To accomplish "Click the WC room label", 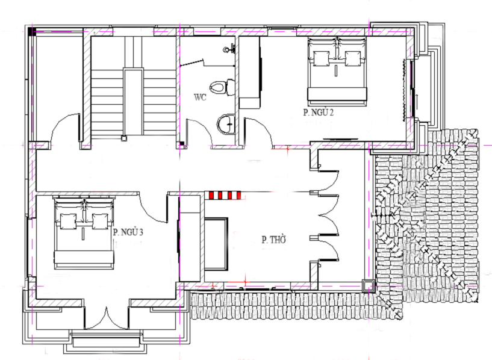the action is click(200, 97).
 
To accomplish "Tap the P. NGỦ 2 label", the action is click(318, 112).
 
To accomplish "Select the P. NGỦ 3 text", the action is click(128, 232).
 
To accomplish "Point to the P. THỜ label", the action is click(274, 240).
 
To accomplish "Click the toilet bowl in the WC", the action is click(222, 87).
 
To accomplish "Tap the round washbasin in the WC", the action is click(226, 125).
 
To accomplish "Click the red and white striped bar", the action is click(225, 196).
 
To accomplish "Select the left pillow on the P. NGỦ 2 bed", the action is click(322, 58).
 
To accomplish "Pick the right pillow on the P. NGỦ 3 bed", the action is click(100, 222).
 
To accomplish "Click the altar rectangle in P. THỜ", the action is click(216, 244).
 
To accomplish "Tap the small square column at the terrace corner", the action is click(367, 286).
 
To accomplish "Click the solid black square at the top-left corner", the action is click(32, 31).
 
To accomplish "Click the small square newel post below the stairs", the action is click(124, 138).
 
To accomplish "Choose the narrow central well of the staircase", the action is click(133, 102).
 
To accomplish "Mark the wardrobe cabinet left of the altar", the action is click(190, 238).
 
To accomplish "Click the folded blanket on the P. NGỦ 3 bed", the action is click(84, 257).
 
